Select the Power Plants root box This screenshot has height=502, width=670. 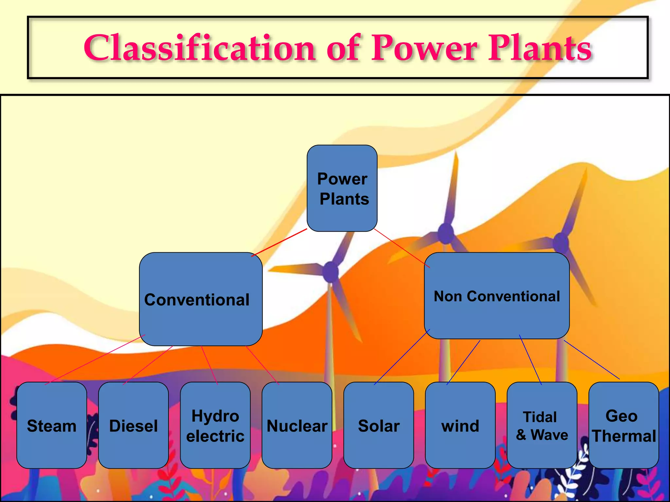click(x=342, y=188)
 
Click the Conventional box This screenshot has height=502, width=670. click(x=201, y=299)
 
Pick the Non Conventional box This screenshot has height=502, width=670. click(x=497, y=296)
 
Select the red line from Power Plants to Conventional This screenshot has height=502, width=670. click(x=279, y=243)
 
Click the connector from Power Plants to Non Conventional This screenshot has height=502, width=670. click(x=402, y=248)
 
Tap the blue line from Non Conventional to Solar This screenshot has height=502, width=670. click(x=402, y=357)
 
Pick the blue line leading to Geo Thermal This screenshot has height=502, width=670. click(x=591, y=360)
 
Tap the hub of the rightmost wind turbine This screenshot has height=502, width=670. click(x=561, y=243)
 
